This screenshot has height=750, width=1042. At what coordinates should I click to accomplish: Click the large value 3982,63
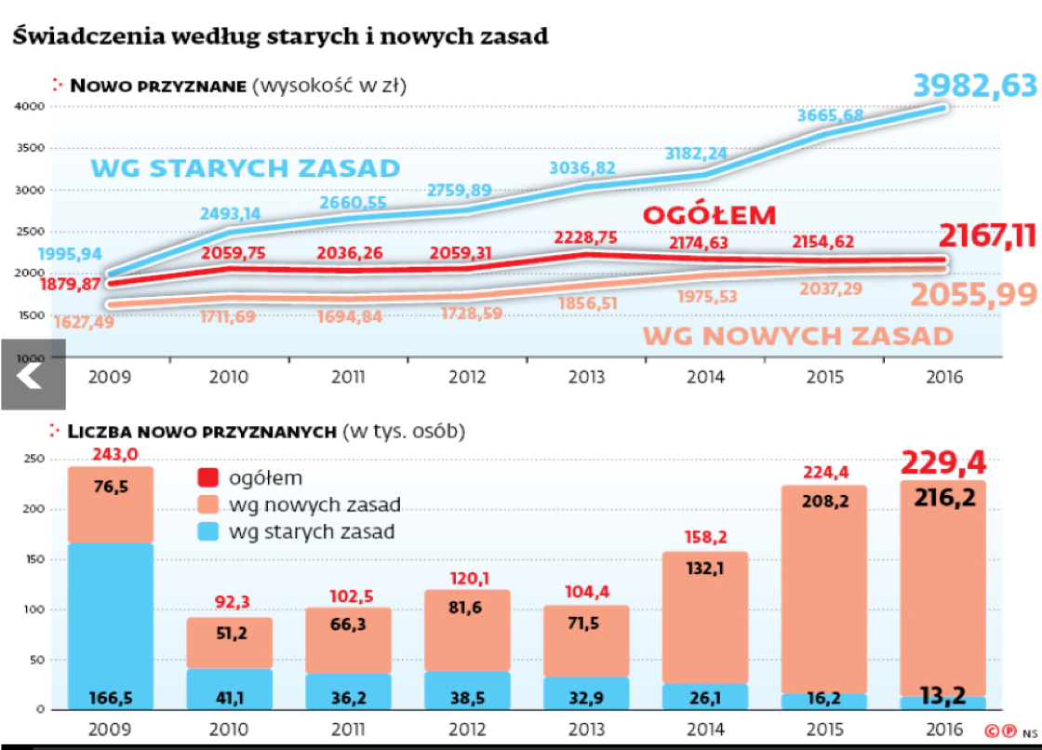click(x=974, y=86)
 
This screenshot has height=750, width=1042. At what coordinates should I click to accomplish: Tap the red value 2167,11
click(x=987, y=235)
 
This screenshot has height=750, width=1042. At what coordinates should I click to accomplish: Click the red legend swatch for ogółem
click(x=208, y=478)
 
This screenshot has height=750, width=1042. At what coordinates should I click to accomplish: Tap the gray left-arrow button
click(x=32, y=375)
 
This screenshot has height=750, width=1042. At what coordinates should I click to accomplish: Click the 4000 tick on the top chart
click(x=32, y=107)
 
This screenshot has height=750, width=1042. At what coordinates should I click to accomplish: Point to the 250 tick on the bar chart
click(x=33, y=459)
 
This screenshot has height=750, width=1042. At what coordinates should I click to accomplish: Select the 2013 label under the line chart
click(x=586, y=378)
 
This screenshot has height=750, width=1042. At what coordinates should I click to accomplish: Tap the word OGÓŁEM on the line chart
click(x=709, y=216)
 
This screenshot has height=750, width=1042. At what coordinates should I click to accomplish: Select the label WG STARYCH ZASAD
click(x=245, y=168)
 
